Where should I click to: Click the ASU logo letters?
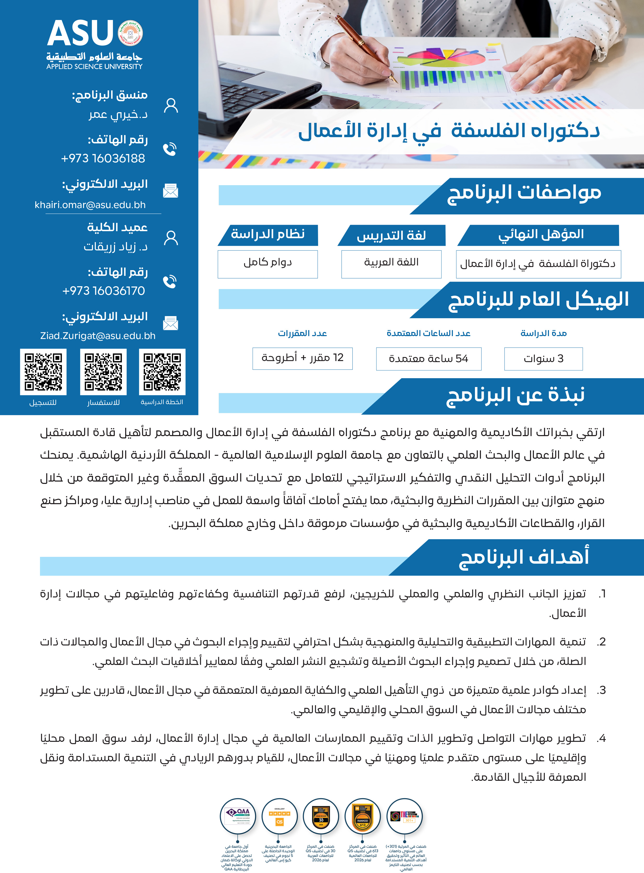click(x=80, y=34)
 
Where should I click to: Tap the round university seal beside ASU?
click(x=130, y=33)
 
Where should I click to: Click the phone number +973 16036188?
click(x=103, y=158)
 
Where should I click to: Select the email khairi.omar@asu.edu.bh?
click(x=90, y=205)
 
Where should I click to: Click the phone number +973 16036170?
click(x=103, y=290)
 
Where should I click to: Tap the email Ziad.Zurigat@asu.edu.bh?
click(x=98, y=336)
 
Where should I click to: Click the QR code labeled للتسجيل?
click(x=43, y=372)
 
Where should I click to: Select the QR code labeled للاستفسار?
click(x=103, y=372)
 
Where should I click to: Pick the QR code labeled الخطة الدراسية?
click(x=162, y=372)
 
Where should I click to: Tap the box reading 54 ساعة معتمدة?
click(x=428, y=358)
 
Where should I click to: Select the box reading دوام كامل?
click(x=267, y=264)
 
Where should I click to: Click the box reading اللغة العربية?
click(x=391, y=264)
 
